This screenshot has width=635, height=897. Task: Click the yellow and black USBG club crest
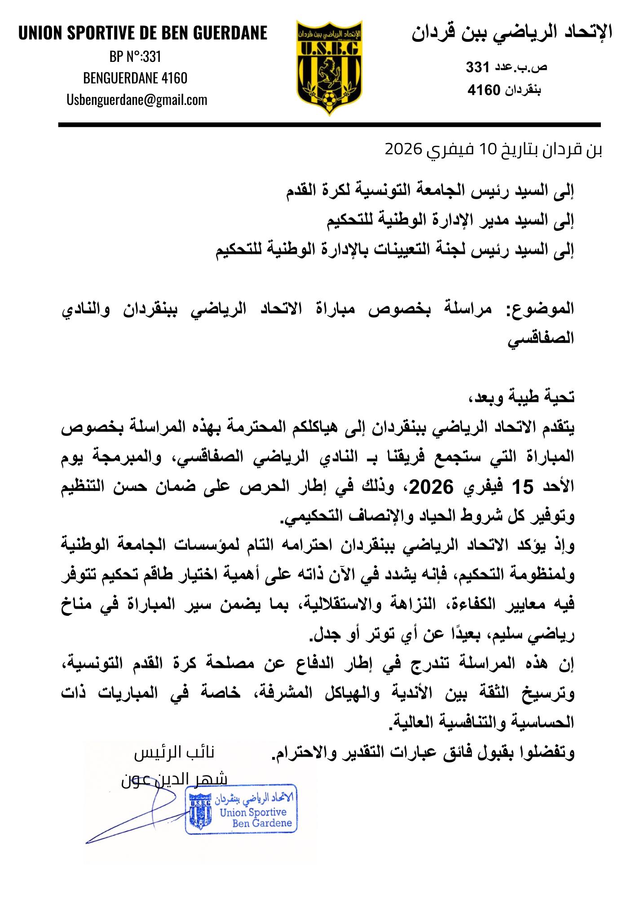point(330,68)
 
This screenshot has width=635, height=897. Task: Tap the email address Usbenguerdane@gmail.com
point(137,100)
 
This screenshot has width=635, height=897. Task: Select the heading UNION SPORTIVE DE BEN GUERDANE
point(143,33)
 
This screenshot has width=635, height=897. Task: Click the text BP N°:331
point(135,57)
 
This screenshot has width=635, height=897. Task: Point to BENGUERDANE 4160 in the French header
point(135,78)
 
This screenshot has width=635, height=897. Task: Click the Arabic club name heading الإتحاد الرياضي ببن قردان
point(512,33)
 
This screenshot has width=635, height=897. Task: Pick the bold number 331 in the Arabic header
point(477,67)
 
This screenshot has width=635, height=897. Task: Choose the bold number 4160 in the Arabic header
point(484,90)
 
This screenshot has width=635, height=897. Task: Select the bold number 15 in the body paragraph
point(523,487)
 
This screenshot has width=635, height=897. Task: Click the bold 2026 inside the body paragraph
point(431,487)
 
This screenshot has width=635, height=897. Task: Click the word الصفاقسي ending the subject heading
point(541,338)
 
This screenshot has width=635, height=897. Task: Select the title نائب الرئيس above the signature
point(174,753)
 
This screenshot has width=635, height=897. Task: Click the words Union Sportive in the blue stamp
point(253,812)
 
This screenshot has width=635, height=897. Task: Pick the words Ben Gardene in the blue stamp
point(262,823)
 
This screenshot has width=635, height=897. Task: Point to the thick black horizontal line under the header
point(329,125)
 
